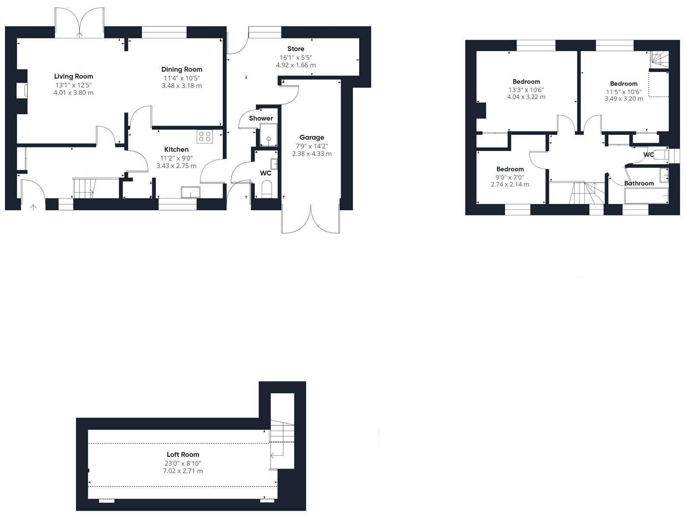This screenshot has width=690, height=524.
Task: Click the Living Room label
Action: [74, 76]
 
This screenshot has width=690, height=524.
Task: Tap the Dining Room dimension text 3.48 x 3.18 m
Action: [182, 86]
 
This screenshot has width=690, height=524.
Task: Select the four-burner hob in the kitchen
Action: [205, 137]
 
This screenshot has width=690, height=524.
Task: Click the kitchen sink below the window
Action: [191, 193]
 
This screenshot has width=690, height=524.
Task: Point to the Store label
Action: [296, 49]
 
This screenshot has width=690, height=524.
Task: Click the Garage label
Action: [311, 137]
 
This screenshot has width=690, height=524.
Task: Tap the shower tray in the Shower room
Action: [269, 135]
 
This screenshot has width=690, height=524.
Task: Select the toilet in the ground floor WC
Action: [267, 189]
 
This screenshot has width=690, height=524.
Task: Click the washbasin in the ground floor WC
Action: [274, 164]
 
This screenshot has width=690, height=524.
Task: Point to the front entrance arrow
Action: [33, 207]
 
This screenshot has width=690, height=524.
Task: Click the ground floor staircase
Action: [84, 188]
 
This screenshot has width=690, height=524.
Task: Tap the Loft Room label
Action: [183, 454]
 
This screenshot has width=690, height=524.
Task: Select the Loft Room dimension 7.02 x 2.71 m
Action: [183, 471]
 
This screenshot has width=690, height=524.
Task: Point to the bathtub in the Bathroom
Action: [646, 196]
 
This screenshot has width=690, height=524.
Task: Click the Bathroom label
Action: [639, 183]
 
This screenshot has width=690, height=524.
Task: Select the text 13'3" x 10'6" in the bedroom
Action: [526, 90]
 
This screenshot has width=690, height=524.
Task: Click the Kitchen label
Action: [176, 150]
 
